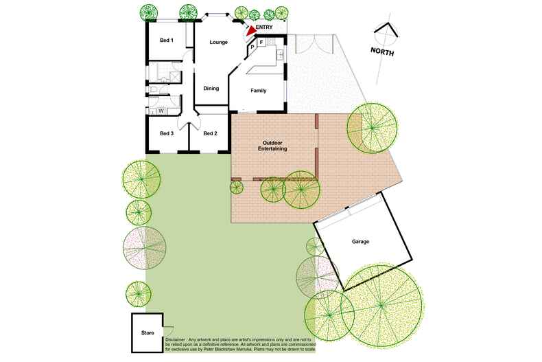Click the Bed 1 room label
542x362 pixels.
pyautogui.click(x=167, y=41)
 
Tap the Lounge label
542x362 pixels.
pyautogui.click(x=218, y=43)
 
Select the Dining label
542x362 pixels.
pyautogui.click(x=211, y=88)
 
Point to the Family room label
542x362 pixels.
pyautogui.click(x=259, y=91)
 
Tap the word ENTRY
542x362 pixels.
pyautogui.click(x=264, y=27)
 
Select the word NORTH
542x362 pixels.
pyautogui.click(x=383, y=51)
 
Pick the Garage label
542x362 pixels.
pyautogui.click(x=361, y=242)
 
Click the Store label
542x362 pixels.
pyautogui.click(x=148, y=333)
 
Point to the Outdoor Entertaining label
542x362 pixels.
pyautogui.click(x=272, y=145)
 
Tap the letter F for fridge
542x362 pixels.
pyautogui.click(x=261, y=43)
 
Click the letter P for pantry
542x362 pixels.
pyautogui.click(x=252, y=47)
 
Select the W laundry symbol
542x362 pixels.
pyautogui.click(x=161, y=111)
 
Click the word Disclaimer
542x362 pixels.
pyautogui.click(x=181, y=339)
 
